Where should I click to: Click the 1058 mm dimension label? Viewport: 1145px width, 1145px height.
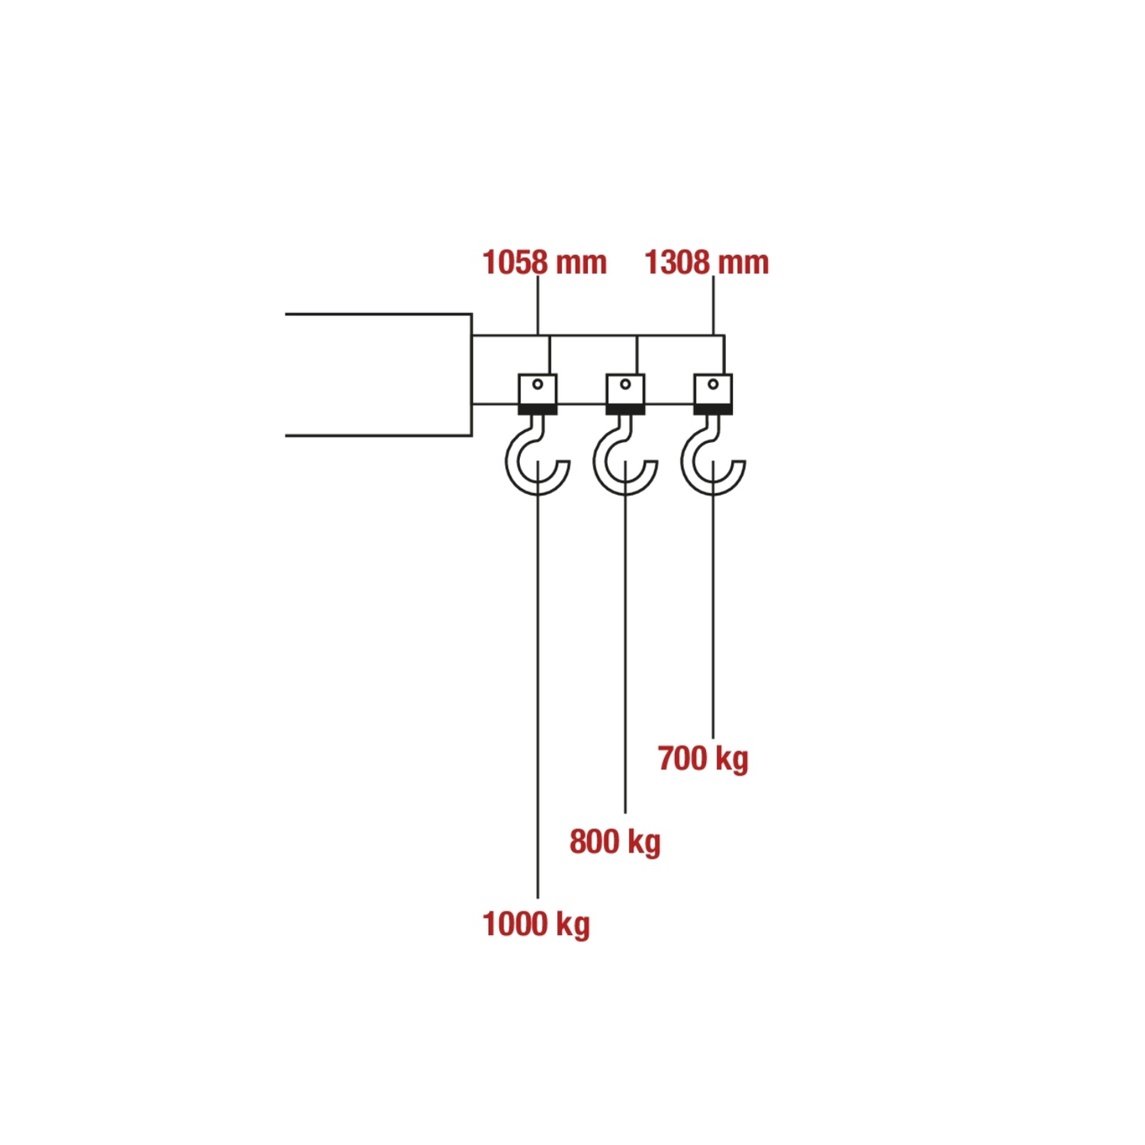[544, 262]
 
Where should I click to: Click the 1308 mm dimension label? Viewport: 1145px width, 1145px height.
[707, 262]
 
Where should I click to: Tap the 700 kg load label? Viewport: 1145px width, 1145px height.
[703, 759]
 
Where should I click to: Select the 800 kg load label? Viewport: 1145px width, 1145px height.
[615, 842]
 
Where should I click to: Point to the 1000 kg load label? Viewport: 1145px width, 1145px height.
[536, 924]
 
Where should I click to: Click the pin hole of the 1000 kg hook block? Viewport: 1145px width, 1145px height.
[538, 384]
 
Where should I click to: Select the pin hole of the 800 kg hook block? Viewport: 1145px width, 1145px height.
[625, 384]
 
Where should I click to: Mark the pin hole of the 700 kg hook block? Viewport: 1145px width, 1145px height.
[713, 384]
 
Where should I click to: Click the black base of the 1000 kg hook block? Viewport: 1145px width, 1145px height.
[538, 410]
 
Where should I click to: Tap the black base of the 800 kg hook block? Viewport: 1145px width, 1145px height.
[625, 410]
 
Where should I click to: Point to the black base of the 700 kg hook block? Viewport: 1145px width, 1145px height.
[713, 410]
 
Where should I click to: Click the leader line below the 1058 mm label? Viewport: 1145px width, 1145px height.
[538, 305]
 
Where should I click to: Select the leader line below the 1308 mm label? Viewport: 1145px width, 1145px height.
[713, 305]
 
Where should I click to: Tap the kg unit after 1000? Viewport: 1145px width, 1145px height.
[573, 926]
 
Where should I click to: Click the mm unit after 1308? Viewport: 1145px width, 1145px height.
[743, 265]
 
